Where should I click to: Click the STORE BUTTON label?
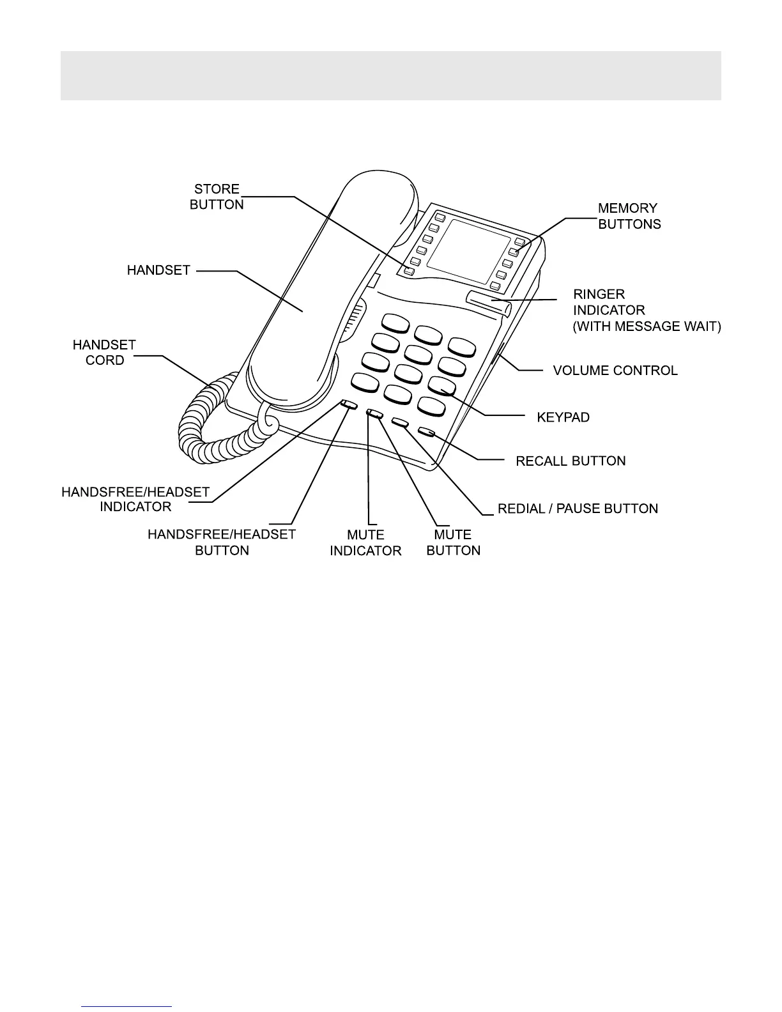[217, 197]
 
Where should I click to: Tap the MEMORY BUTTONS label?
[629, 216]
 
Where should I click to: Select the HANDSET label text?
[158, 270]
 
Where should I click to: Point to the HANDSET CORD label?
[104, 353]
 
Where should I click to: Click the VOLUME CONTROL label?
[615, 371]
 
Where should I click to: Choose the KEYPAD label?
[563, 417]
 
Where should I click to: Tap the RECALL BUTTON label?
[571, 461]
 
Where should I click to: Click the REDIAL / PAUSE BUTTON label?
[578, 509]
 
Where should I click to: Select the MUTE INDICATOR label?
[365, 542]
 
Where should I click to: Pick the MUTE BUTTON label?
[453, 542]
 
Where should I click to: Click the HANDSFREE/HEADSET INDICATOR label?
[135, 500]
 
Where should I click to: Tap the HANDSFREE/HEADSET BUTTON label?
[222, 542]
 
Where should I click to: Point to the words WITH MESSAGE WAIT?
[647, 326]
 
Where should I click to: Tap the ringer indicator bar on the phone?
[489, 301]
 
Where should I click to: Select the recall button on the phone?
[427, 433]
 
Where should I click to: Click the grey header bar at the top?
[390, 75]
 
